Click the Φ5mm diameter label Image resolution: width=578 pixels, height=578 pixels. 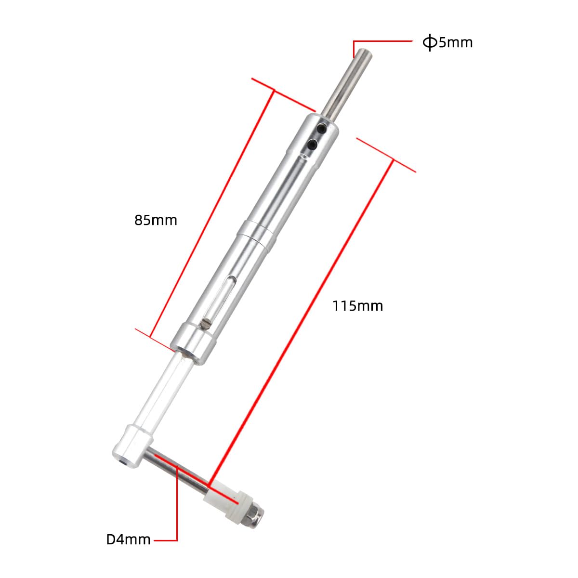[x=447, y=43]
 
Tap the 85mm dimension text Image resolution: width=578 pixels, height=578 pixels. [x=156, y=221]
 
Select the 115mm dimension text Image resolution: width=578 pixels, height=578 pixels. [x=357, y=306]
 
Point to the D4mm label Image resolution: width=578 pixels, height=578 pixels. [x=128, y=539]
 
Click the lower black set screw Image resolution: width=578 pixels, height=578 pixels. [x=313, y=144]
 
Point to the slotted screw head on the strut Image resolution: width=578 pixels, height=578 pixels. [x=207, y=324]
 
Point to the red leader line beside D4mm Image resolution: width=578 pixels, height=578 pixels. [x=177, y=511]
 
